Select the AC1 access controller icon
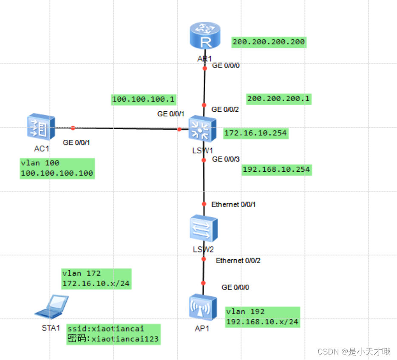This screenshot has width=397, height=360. (x=41, y=126)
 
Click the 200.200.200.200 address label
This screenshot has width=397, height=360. (x=269, y=42)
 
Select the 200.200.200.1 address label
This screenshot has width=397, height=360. (x=278, y=99)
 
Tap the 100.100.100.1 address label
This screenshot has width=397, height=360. (x=143, y=99)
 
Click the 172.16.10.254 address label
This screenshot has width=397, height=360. (x=255, y=133)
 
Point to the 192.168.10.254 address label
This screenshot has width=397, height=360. (x=276, y=170)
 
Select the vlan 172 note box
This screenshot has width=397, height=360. (x=96, y=278)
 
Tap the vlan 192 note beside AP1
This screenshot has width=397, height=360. (x=262, y=317)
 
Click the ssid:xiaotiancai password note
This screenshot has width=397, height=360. (x=113, y=334)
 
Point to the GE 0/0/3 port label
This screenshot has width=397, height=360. (x=226, y=159)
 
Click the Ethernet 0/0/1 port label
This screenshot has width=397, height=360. (x=233, y=204)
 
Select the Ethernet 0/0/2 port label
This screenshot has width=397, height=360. (x=238, y=261)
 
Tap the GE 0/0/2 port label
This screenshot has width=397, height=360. (x=225, y=109)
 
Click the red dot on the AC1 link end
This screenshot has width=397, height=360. (x=73, y=128)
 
